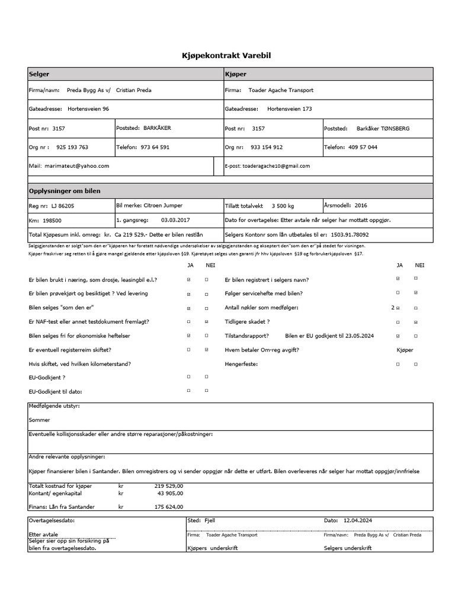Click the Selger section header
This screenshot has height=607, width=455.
point(39,75)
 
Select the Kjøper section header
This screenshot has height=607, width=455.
point(236,75)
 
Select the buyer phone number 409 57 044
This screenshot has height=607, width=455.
point(363,147)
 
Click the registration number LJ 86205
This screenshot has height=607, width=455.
point(62,206)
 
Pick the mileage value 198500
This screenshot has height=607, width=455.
point(52,220)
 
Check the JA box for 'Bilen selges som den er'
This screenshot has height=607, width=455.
point(189,308)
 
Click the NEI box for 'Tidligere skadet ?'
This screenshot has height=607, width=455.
point(416,322)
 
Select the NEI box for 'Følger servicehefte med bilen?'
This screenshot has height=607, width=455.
point(416,293)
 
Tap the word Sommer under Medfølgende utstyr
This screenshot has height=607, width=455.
point(40,419)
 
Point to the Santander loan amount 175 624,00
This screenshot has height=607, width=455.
point(169,507)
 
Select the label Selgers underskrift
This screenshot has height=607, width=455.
point(348,548)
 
